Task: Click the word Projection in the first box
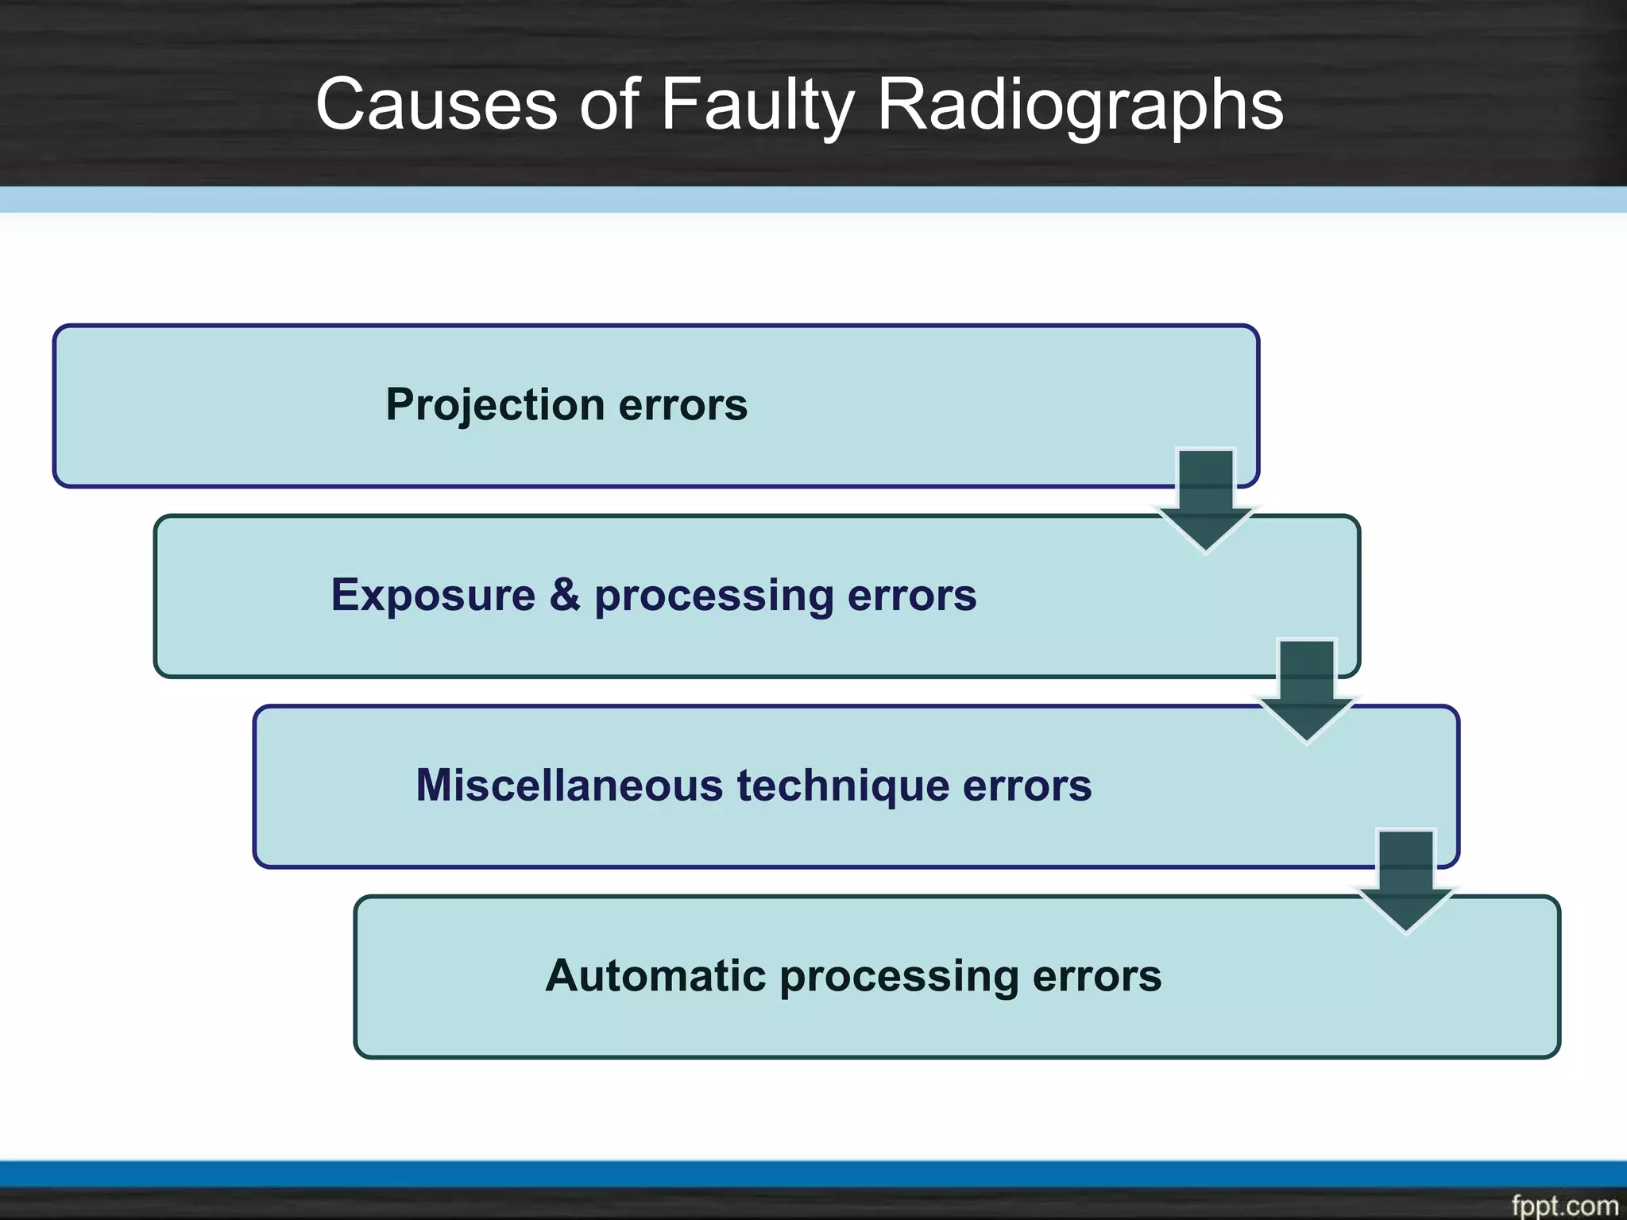(494, 405)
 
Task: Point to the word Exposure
(433, 595)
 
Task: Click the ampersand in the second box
(564, 595)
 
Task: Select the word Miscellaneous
(569, 786)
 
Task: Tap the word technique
(842, 786)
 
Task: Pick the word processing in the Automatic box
(899, 977)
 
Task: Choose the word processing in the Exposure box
(713, 596)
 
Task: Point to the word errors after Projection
(682, 405)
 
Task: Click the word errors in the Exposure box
(911, 595)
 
